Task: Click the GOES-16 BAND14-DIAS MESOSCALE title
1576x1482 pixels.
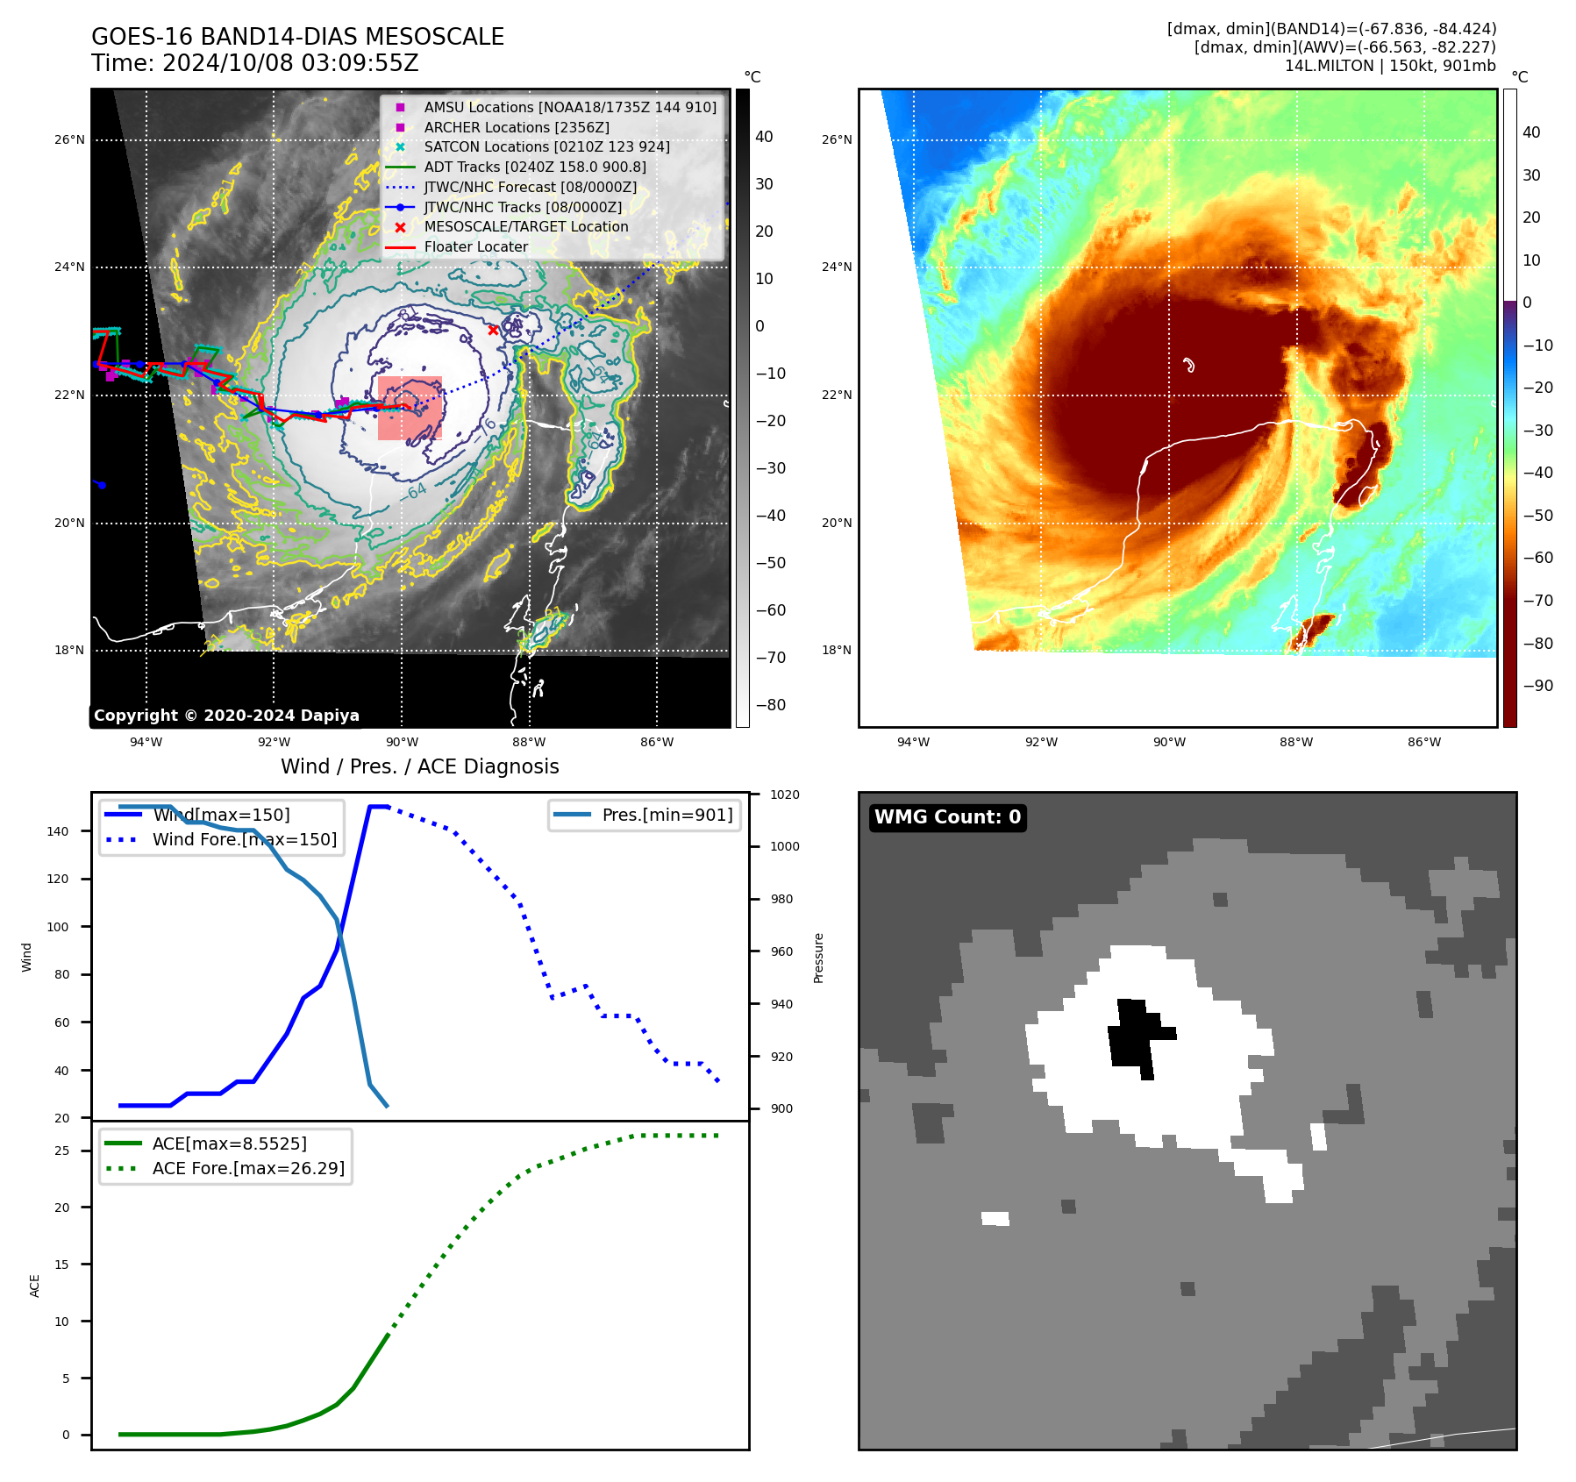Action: pyautogui.click(x=297, y=37)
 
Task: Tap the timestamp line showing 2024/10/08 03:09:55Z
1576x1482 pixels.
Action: pyautogui.click(x=255, y=63)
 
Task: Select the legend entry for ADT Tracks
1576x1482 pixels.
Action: pyautogui.click(x=534, y=167)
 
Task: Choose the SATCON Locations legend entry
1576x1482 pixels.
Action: pyautogui.click(x=546, y=146)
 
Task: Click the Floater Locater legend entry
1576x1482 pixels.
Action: pyautogui.click(x=475, y=246)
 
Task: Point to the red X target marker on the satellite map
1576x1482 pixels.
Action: pyautogui.click(x=493, y=330)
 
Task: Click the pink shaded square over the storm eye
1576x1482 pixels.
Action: pyautogui.click(x=410, y=409)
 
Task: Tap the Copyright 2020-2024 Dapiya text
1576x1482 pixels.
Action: pyautogui.click(x=226, y=716)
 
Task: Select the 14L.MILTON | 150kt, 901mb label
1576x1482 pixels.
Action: pyautogui.click(x=1390, y=66)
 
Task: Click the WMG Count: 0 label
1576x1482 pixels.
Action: pyautogui.click(x=947, y=817)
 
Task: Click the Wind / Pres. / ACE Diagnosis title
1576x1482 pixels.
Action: pyautogui.click(x=419, y=766)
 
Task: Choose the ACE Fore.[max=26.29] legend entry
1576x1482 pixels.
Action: pyautogui.click(x=248, y=1168)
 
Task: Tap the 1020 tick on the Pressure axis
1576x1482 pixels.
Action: pyautogui.click(x=784, y=794)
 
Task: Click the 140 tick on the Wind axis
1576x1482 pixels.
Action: pyautogui.click(x=58, y=831)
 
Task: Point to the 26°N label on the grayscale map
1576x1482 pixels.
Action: pyautogui.click(x=70, y=139)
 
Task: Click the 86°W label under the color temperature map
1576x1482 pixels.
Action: pyautogui.click(x=1423, y=742)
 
